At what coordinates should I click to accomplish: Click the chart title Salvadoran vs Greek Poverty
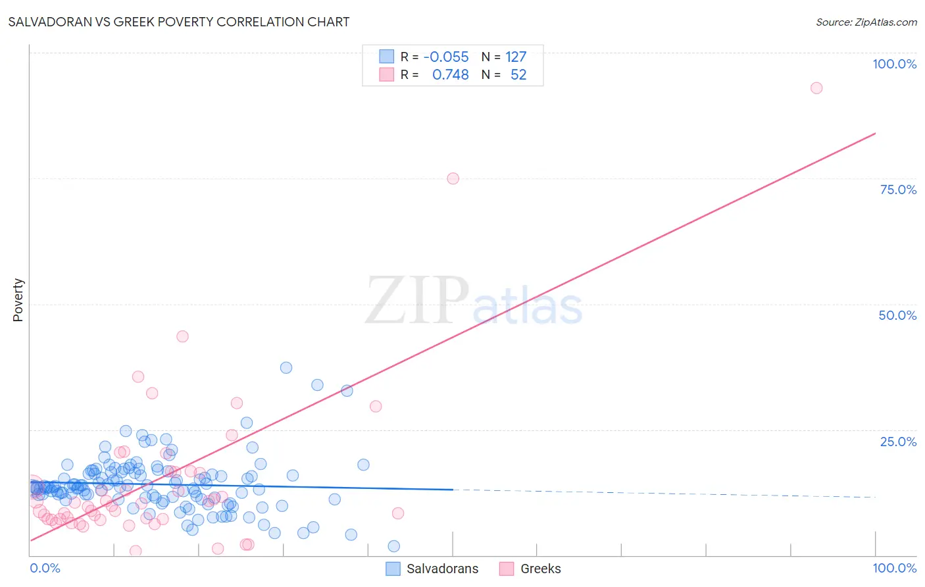coord(178,22)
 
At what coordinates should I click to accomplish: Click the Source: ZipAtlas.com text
coord(866,22)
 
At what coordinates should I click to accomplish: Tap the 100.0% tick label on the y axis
coord(894,64)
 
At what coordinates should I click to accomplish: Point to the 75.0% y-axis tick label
coord(898,190)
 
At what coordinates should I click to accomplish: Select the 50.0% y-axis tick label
coord(897,315)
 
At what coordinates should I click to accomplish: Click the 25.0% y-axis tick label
coord(898,442)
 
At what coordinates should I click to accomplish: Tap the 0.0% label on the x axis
coord(45,568)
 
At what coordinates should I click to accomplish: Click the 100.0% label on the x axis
coord(894,568)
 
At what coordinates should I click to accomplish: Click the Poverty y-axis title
coord(18,300)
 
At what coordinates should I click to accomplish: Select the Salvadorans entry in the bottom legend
coord(442,569)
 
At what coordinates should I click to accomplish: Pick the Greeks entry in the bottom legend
coord(540,569)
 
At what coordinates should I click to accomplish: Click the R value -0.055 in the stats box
coord(446,57)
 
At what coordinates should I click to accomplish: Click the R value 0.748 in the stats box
coord(450,75)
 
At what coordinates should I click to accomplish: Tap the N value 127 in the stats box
coord(516,57)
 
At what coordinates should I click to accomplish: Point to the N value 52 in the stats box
coord(518,75)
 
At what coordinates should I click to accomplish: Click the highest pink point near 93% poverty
coord(816,88)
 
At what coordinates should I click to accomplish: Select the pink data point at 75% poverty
coord(453,178)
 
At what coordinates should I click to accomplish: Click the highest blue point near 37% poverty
coord(286,368)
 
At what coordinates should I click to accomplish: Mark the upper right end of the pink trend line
coord(875,134)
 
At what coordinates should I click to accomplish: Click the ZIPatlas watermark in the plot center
coord(474,301)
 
